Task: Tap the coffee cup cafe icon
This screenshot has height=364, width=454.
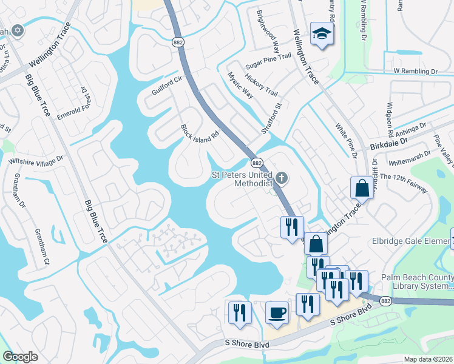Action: pos(277,313)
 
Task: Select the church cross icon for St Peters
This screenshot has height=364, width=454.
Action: pos(281,178)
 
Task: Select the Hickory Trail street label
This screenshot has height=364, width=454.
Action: pos(261,86)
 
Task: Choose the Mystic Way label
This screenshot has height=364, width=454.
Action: pos(240,85)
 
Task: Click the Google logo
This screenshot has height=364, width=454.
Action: pos(21,357)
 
